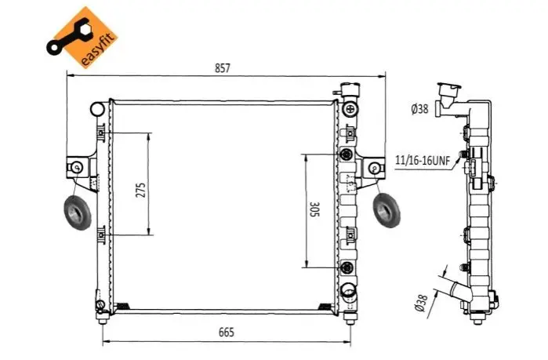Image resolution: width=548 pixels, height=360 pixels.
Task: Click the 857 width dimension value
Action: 223,67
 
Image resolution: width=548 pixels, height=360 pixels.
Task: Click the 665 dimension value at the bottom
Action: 226,332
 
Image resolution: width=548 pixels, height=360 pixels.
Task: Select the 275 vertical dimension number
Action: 140,190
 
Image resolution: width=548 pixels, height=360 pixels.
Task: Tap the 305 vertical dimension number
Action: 314,209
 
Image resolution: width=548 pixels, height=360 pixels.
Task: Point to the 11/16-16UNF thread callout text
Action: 423,160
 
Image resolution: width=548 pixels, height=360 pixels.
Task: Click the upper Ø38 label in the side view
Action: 419,109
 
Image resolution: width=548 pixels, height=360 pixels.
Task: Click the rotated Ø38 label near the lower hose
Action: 421,303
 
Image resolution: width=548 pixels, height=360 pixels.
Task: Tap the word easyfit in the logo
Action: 96,50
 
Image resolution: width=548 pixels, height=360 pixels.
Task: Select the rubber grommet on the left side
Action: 78,213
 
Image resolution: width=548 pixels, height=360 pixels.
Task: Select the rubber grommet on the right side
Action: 387,210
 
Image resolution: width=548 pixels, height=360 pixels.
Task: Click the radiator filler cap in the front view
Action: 350,90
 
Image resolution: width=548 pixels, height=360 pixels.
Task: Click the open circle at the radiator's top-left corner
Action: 97,109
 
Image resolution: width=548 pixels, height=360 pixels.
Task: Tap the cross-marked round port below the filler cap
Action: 350,109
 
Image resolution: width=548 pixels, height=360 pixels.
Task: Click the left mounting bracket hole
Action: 77,167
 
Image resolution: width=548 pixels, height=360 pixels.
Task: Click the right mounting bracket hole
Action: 374,168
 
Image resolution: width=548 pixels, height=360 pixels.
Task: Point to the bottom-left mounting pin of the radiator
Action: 103,318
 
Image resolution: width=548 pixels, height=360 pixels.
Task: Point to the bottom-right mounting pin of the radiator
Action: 349,318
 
